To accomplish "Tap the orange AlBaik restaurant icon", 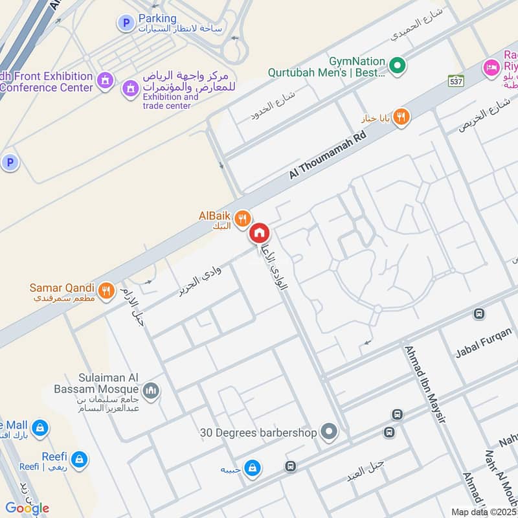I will [243, 218].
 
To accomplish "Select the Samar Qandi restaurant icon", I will [107, 289].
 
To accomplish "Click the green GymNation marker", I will [399, 65].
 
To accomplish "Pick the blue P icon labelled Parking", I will [124, 23].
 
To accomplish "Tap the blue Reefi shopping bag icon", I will [79, 460].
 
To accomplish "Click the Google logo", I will [27, 508].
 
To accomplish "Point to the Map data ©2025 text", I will [484, 512].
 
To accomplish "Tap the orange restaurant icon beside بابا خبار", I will [401, 117].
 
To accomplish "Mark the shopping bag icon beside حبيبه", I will [253, 466].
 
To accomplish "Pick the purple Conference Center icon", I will [104, 81].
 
